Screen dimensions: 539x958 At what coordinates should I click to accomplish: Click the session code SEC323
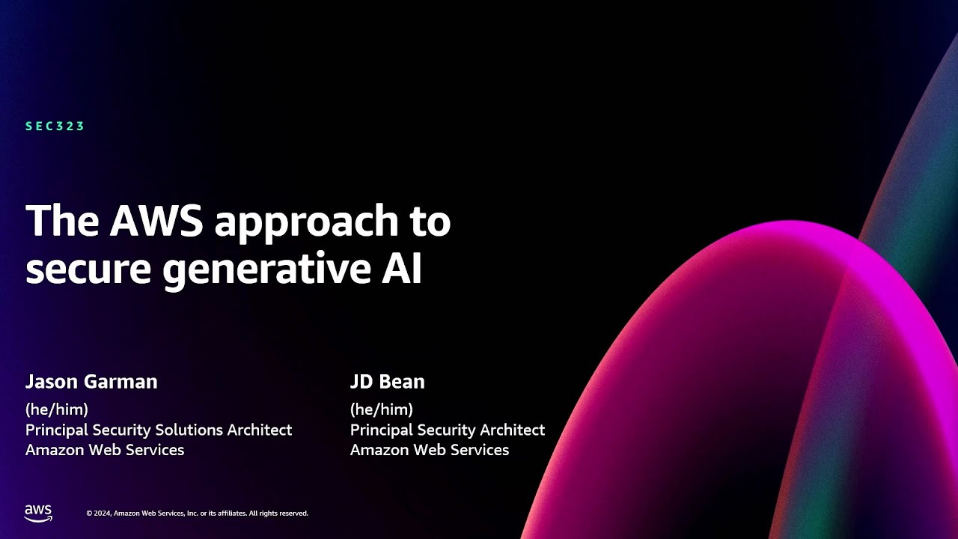pos(55,127)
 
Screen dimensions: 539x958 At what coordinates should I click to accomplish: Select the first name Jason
pos(51,382)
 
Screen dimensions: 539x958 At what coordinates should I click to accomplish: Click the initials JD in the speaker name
pos(361,382)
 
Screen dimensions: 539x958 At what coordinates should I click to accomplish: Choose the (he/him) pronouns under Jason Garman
pos(57,409)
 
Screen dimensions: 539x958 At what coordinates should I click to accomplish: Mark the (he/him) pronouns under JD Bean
pos(382,409)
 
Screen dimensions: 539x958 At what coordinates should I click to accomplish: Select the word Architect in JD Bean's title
pos(508,430)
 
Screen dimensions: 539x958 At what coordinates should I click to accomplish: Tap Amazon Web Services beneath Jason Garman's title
pos(105,450)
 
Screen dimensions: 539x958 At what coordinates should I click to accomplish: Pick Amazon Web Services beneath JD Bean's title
pos(430,450)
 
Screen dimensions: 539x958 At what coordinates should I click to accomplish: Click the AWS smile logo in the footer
pos(38,513)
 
